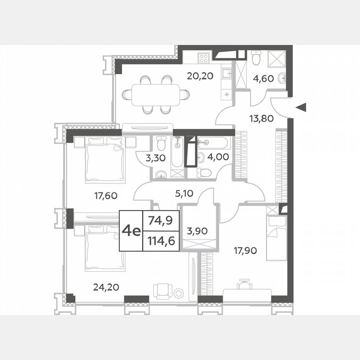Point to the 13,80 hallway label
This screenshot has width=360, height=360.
[x=262, y=118]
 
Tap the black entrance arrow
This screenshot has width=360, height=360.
[x=302, y=108]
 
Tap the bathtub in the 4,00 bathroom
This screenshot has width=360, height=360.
[x=212, y=143]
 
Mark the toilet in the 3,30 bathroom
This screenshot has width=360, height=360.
[x=160, y=144]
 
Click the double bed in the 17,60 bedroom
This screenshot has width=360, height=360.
[x=105, y=160]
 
